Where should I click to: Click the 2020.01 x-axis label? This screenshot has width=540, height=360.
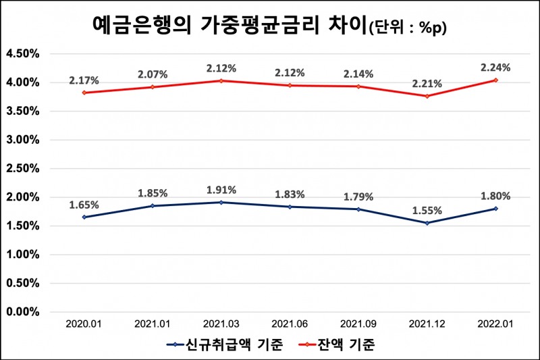(x=84, y=325)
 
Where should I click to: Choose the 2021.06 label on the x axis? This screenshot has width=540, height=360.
(x=290, y=325)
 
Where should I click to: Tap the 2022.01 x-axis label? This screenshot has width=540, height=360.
(x=495, y=325)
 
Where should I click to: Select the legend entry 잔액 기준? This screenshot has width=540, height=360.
(x=344, y=344)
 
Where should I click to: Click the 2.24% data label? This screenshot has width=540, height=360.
(x=495, y=68)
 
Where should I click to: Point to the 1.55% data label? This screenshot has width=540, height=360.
(x=427, y=211)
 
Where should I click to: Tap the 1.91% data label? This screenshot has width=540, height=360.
(x=221, y=190)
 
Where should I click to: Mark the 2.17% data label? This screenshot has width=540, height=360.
(x=84, y=80)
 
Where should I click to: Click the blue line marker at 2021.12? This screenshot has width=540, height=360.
(x=427, y=223)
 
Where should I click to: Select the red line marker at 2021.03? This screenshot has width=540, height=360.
(x=221, y=80)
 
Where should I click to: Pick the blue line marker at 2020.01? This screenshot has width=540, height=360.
(x=84, y=217)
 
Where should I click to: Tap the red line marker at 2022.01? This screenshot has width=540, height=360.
(x=495, y=80)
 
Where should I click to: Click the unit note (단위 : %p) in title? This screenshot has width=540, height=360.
(x=408, y=28)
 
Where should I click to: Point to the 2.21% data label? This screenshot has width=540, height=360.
(x=427, y=84)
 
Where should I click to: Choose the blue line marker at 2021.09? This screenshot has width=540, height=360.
(x=358, y=209)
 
